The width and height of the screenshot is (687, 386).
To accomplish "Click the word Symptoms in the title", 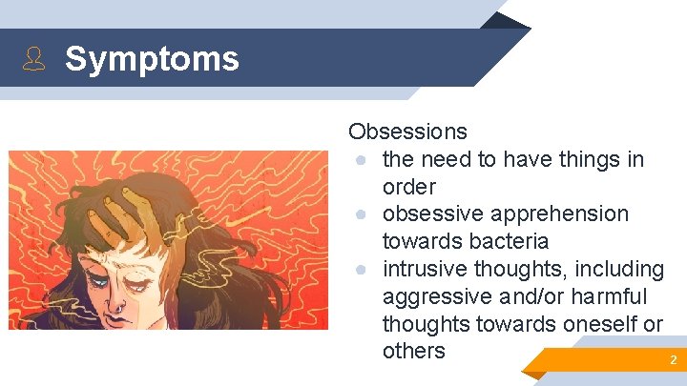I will pos(152,59).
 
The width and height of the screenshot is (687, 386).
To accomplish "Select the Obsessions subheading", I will pos(407,132).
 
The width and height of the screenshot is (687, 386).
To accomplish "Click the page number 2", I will pos(673,360).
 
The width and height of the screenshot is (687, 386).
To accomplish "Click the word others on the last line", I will pos(413,351).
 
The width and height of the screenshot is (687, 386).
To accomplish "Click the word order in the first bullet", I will pos(408,186).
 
